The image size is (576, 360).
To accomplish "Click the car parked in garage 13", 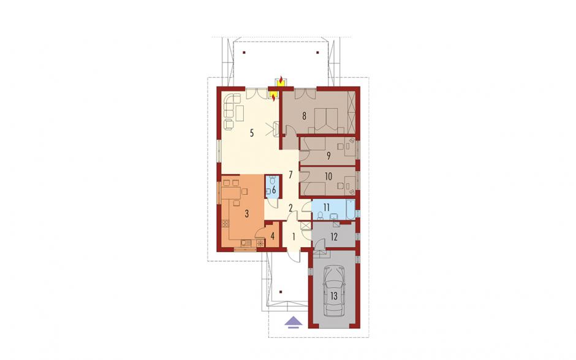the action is (333, 291).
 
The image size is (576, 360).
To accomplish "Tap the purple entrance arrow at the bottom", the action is (294, 322).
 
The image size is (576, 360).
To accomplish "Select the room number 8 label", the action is (304, 116).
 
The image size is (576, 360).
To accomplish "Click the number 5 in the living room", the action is (252, 132).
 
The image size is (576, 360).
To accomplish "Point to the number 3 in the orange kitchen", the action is (247, 213).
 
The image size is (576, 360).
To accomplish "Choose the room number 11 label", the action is (327, 207).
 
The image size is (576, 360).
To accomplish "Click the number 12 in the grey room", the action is (334, 237).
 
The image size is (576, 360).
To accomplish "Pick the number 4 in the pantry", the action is (273, 236).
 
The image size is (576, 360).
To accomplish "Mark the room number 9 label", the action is (328, 156).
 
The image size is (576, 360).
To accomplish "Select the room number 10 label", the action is (328, 177).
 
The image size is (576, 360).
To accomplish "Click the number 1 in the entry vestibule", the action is (294, 237).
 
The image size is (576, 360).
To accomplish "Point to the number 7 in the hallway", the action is (290, 174).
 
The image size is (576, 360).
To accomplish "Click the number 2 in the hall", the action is (290, 208).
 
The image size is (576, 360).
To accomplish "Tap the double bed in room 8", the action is (327, 120).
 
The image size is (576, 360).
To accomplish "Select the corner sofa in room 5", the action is (232, 105).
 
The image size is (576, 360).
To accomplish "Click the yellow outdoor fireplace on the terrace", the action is (281, 82).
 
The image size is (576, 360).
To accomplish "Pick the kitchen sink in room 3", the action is (246, 243).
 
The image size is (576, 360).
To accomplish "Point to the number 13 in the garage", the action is (334, 296).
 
